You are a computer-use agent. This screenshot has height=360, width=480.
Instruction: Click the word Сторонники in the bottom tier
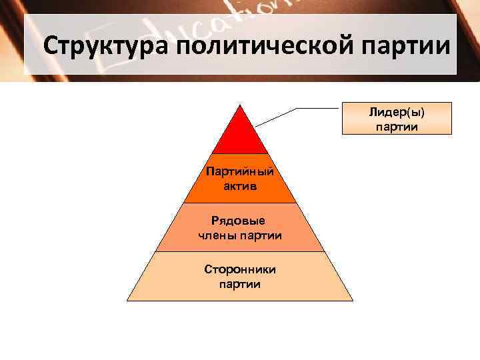click(x=240, y=269)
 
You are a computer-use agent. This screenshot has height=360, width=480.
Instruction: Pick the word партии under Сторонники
click(x=240, y=284)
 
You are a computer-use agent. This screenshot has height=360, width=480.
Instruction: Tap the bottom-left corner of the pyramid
click(x=128, y=300)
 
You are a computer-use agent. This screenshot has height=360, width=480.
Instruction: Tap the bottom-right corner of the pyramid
click(x=352, y=300)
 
